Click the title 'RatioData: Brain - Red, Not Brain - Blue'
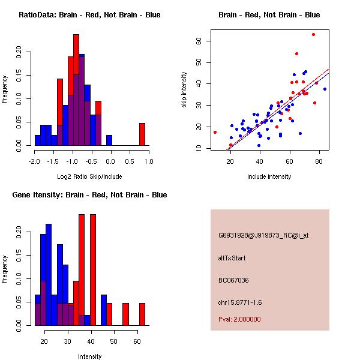(x=89, y=14)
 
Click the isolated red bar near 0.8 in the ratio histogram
(x=142, y=134)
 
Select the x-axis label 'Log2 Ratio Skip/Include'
(x=89, y=176)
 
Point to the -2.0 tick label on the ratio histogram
(x=34, y=161)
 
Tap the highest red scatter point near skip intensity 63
(x=313, y=34)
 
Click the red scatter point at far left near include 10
(x=215, y=132)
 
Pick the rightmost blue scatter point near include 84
(x=325, y=89)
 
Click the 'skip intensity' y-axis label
(x=184, y=90)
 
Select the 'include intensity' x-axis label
(x=269, y=176)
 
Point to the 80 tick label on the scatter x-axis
(x=319, y=161)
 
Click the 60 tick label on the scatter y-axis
(x=198, y=41)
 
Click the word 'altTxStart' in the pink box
(x=232, y=258)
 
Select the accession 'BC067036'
(x=233, y=280)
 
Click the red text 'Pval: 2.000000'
(x=239, y=319)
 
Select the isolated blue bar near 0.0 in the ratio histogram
(x=109, y=140)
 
